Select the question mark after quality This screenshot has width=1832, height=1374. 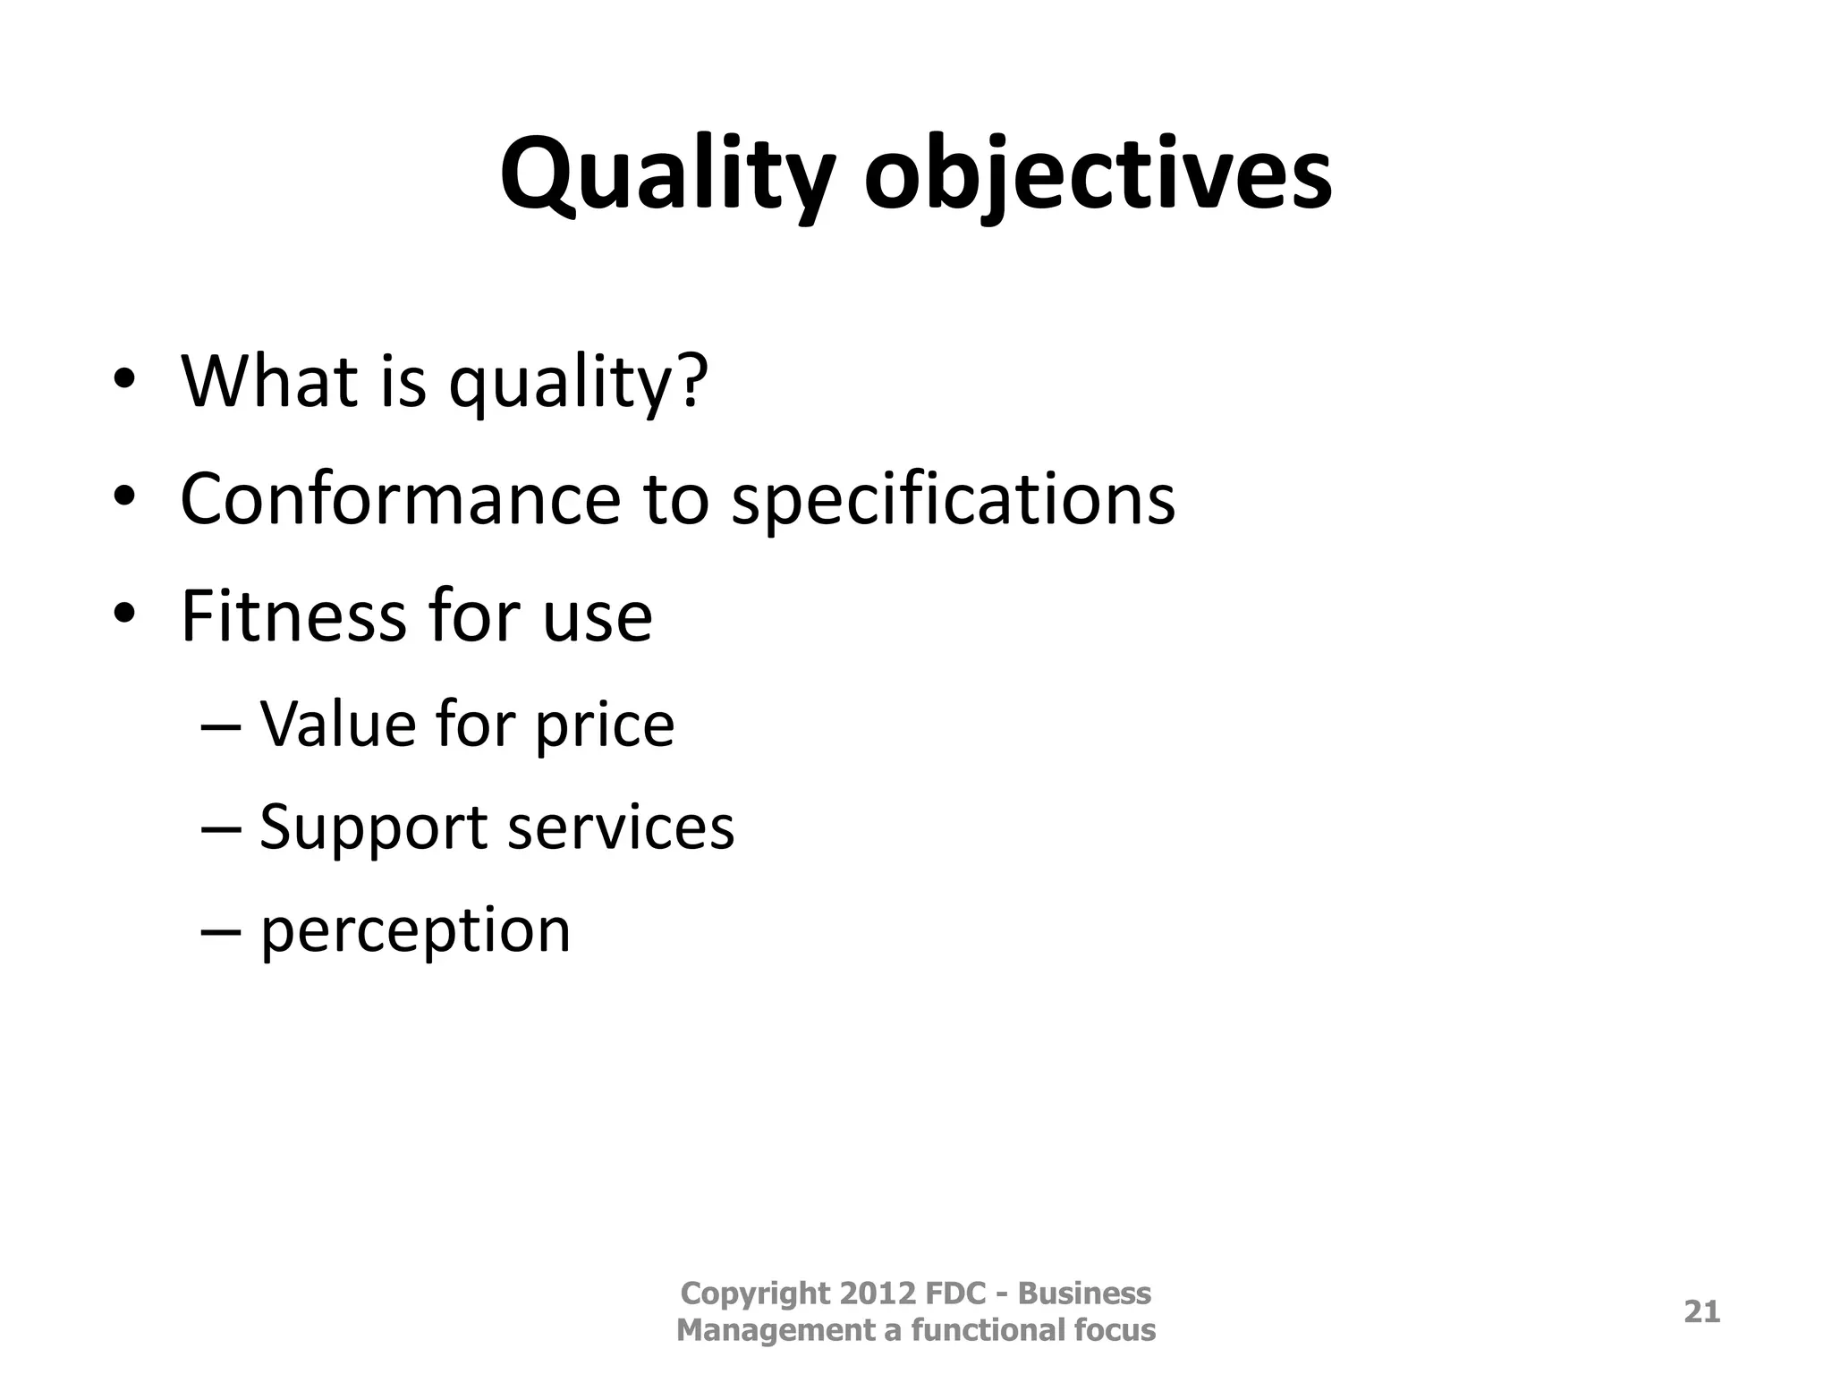click(691, 381)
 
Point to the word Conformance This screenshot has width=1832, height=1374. click(400, 499)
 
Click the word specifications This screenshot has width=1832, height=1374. click(953, 499)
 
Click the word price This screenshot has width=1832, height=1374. click(604, 725)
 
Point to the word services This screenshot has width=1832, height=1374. click(621, 827)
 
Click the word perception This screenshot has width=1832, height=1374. click(415, 930)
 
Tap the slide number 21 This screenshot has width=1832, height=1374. click(1701, 1311)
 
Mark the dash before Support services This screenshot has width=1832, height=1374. click(221, 828)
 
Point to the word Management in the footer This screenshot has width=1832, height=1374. click(776, 1330)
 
